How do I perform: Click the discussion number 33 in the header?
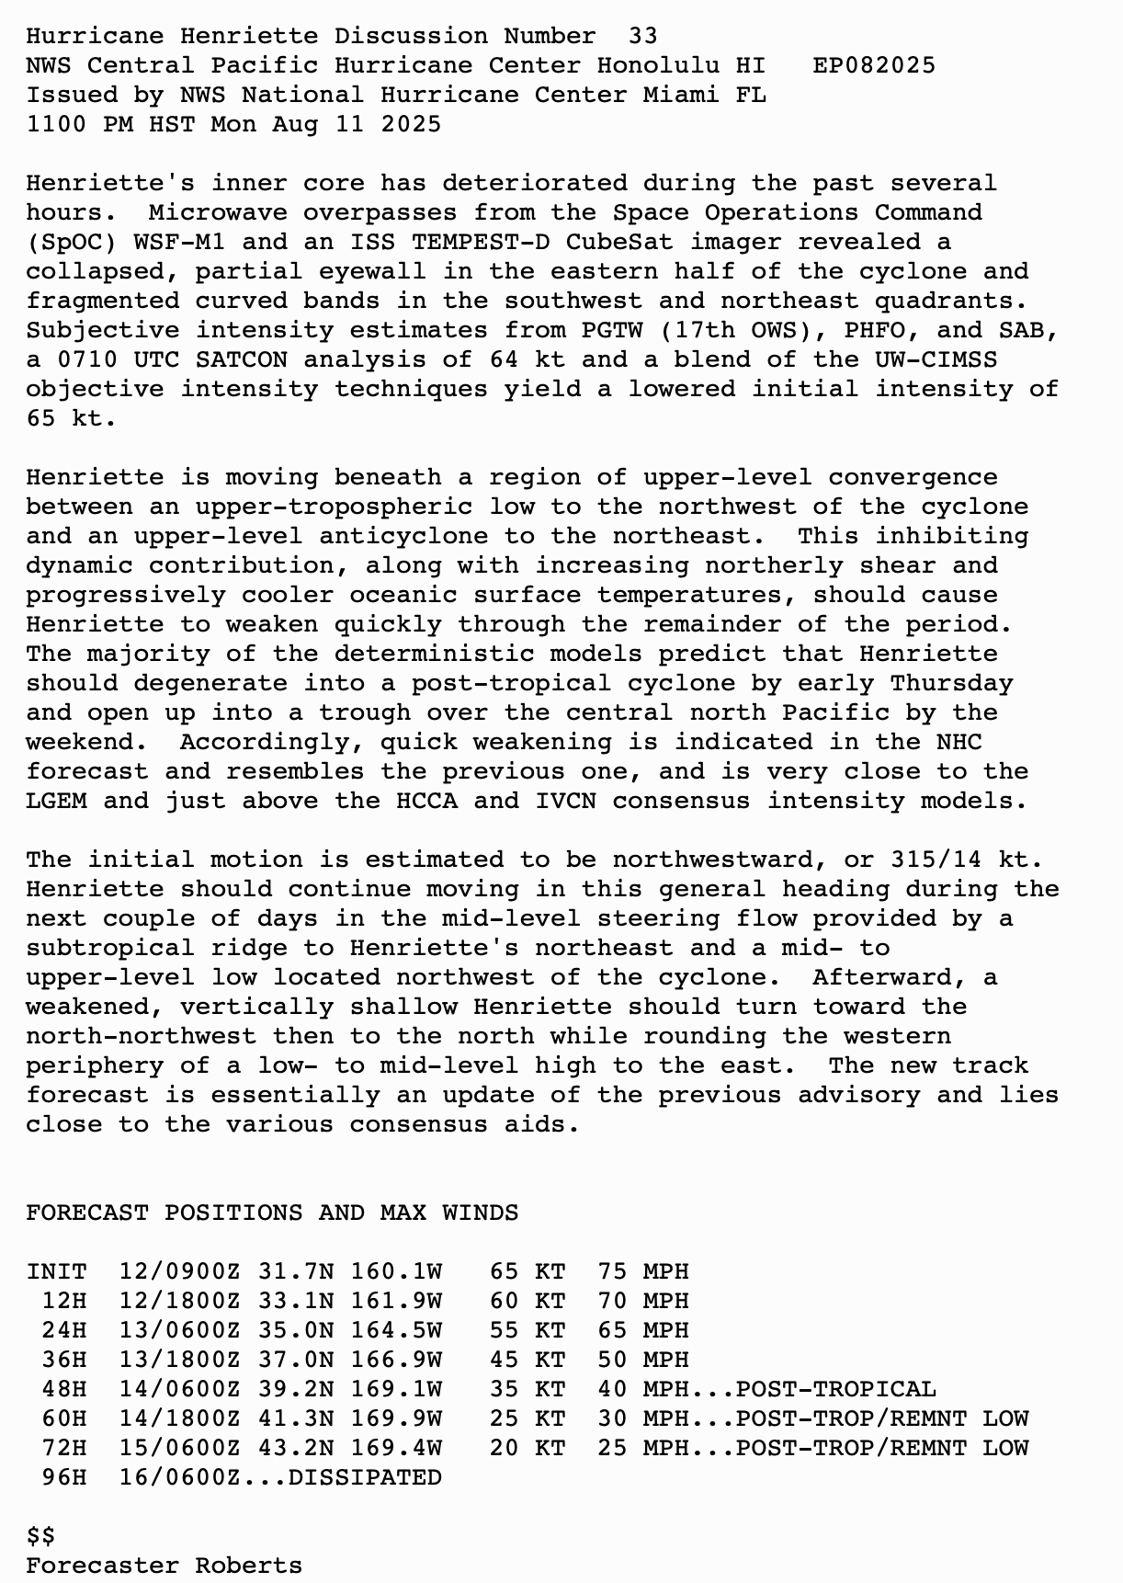642,36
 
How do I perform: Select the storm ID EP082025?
874,65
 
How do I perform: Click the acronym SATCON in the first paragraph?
242,359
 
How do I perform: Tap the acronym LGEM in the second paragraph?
56,801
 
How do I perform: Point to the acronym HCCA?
426,801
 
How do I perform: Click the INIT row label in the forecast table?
56,1271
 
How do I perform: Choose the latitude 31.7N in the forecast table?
295,1271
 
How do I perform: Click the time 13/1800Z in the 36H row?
179,1360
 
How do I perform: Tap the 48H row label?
64,1389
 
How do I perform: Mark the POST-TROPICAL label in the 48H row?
835,1389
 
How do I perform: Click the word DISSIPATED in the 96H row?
365,1477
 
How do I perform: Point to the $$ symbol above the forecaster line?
40,1536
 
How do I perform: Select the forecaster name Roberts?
249,1566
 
